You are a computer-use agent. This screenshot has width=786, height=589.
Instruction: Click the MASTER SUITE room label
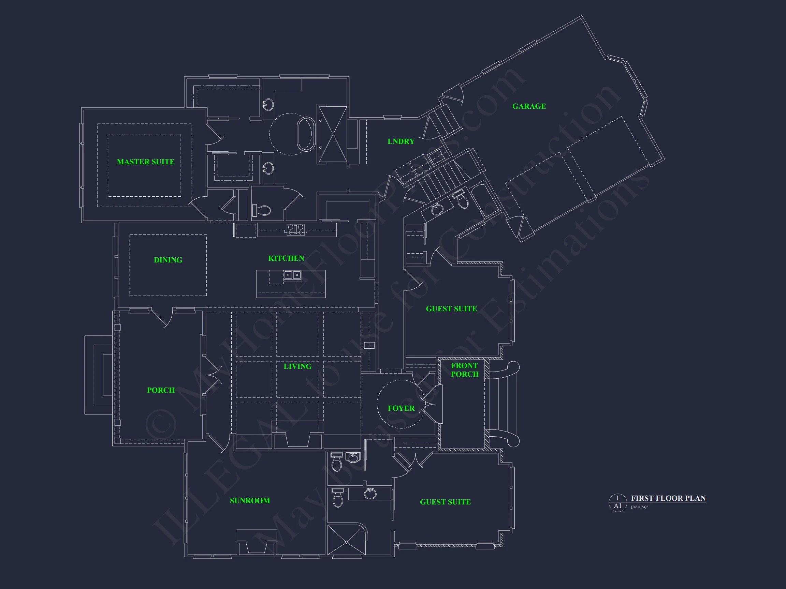146,162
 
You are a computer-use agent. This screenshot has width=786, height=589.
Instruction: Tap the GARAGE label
529,106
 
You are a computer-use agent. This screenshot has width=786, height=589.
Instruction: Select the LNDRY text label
401,141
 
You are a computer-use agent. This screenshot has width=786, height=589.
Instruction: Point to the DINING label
168,260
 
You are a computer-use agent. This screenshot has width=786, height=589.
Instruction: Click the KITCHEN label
286,258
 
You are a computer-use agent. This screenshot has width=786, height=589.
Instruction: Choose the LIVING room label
297,366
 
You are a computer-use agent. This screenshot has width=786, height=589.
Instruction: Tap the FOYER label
401,408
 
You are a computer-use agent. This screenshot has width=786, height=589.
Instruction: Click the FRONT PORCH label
465,369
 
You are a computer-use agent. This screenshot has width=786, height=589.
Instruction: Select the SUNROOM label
250,501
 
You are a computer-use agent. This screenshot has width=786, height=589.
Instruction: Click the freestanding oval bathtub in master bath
306,134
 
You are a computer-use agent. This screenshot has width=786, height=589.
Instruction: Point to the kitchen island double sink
292,275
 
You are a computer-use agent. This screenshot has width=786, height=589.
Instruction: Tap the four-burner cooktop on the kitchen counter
296,229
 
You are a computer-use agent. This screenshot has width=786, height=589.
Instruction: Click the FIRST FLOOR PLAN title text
668,498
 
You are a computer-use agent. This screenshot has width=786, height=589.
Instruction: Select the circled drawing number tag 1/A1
617,502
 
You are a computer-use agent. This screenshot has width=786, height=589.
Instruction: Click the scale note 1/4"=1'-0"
639,507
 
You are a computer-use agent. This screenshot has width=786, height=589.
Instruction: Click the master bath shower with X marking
333,134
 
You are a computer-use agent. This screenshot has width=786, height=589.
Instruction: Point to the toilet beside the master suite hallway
262,210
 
